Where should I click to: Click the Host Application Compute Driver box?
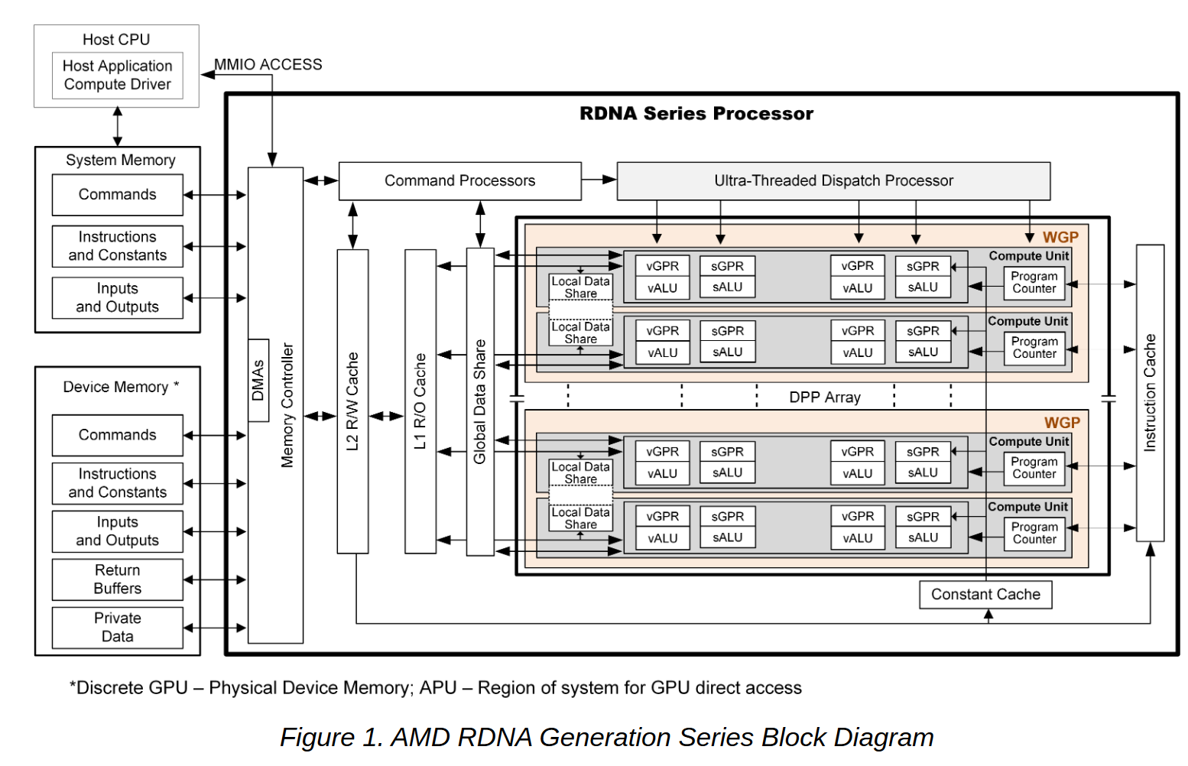pos(117,75)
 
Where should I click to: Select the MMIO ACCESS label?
pos(268,64)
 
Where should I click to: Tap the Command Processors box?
pos(459,180)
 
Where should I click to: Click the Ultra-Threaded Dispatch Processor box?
pos(833,180)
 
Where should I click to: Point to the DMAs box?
pos(258,380)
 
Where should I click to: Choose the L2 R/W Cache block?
pos(352,401)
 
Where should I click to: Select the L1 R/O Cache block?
pos(420,401)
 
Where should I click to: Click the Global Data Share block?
pos(480,401)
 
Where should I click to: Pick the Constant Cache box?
pos(985,594)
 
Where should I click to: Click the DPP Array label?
pos(825,398)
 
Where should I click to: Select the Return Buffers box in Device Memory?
pos(117,579)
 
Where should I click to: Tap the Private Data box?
pos(117,627)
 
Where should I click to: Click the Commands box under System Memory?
pos(117,195)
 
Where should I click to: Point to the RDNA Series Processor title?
pos(696,113)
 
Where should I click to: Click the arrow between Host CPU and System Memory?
pos(117,126)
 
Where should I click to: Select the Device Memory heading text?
pos(116,387)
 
